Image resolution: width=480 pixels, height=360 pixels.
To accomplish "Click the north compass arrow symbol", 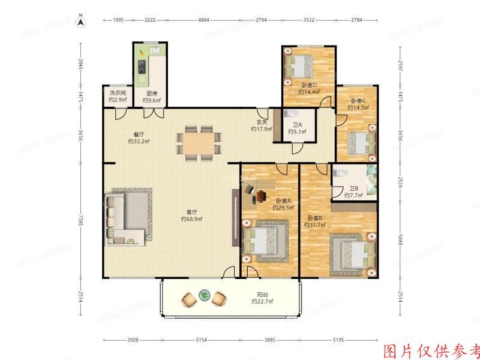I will click(x=80, y=22).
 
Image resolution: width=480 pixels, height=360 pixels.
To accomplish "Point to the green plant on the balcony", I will click(x=205, y=295).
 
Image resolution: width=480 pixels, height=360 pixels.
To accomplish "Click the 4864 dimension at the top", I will click(x=203, y=20).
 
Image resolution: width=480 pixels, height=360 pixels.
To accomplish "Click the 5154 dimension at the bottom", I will click(x=201, y=340).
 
